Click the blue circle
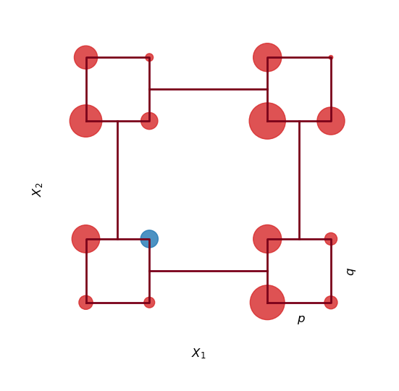point(149,239)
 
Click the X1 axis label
point(198,353)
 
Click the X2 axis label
point(38,189)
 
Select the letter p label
point(301,319)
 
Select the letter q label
point(350,272)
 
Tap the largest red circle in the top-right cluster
point(267,121)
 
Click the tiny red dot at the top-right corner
point(331,57)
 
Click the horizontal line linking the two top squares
point(208,89)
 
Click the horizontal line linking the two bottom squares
point(208,271)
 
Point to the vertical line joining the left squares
point(117,180)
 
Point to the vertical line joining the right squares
point(299,180)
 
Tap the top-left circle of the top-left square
point(85,57)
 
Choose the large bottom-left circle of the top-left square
point(85,121)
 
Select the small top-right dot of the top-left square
point(149,57)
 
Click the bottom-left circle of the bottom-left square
point(85,303)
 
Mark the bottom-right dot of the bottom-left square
point(149,303)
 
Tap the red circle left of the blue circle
point(85,239)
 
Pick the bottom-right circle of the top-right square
point(331,121)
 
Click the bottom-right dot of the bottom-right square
point(331,303)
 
